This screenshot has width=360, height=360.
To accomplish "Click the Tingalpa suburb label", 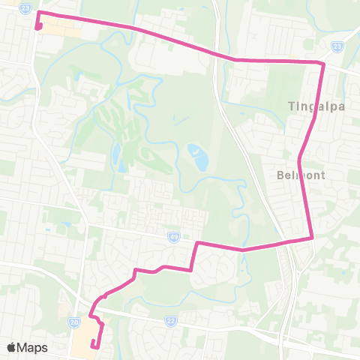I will coord(316,106).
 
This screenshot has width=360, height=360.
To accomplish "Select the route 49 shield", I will coord(172,236).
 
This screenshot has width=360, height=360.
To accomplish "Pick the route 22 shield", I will coord(170,321).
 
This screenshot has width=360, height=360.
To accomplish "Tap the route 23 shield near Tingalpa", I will coord(337,46).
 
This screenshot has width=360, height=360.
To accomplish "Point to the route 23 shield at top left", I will coord(25,7).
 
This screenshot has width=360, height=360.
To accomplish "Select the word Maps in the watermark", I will coord(33,347).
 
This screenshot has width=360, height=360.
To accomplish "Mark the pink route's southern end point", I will coord(92,346).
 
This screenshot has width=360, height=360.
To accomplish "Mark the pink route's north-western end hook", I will coord(37,28).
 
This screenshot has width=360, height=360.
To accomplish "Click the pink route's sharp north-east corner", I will coord(323,64).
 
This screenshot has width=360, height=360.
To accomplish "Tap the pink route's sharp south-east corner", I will coord(311,238).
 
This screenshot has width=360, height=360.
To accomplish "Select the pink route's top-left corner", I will coord(38,13).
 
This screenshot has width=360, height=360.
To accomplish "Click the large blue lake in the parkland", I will coord(199,157).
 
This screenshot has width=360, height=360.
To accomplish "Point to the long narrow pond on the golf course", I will coord(116,157).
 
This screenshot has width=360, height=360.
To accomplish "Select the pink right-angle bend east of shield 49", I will coord(197,243).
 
